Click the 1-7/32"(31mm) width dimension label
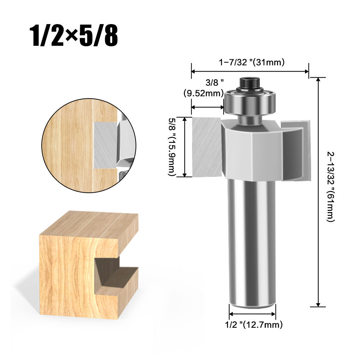click(x=252, y=62)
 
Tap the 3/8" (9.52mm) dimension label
click(x=204, y=88)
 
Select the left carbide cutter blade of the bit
click(x=207, y=147)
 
